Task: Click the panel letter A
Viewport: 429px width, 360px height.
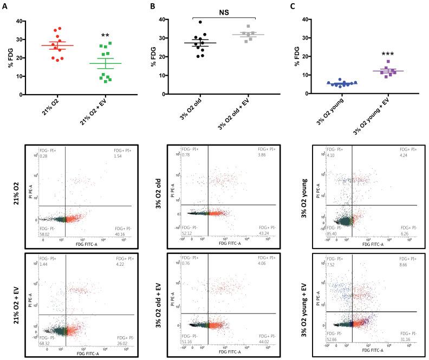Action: pyautogui.click(x=5, y=7)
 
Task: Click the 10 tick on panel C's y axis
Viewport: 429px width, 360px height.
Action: pyautogui.click(x=307, y=75)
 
